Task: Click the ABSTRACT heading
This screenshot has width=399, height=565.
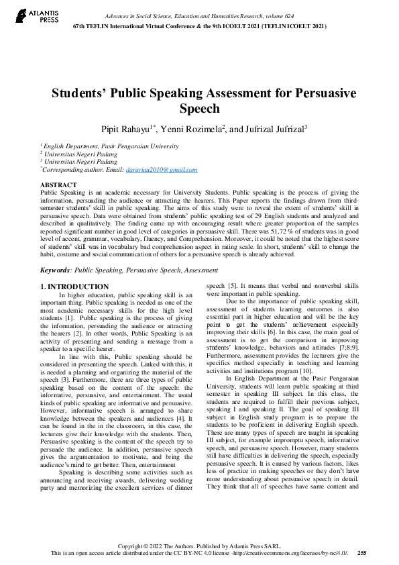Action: pos(58,184)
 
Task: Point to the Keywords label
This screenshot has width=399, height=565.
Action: pos(56,270)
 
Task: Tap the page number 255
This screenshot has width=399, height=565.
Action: pos(361,553)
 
